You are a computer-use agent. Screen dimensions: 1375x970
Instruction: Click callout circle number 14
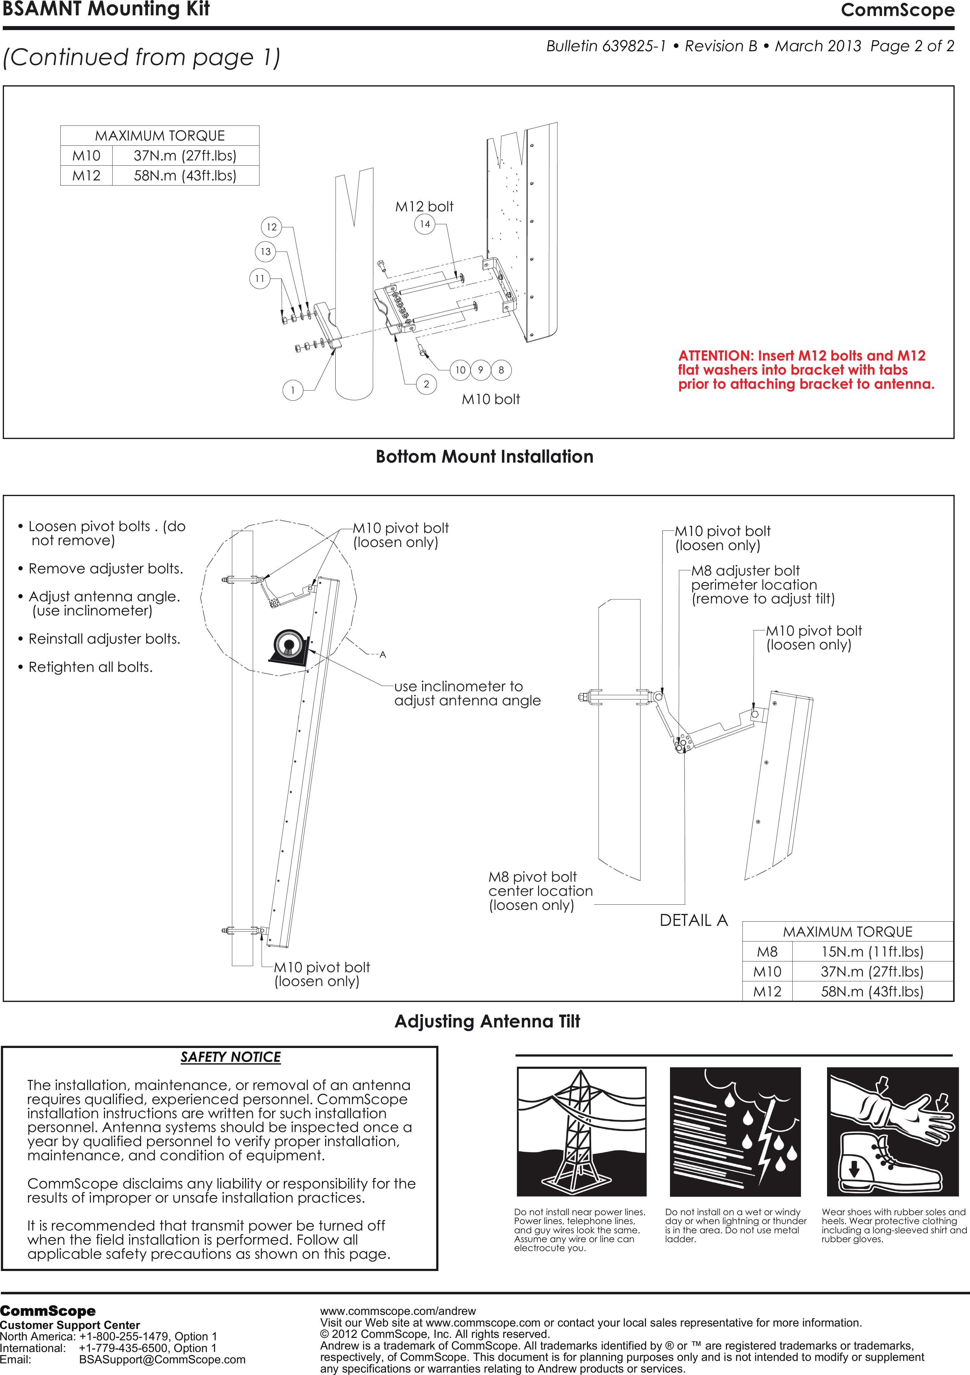(425, 224)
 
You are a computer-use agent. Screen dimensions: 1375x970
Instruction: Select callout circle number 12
(271, 227)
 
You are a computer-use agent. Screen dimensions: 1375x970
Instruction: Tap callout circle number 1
(292, 391)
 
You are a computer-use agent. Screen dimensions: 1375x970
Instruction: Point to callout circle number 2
(426, 384)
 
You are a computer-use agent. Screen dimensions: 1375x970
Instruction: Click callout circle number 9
(480, 370)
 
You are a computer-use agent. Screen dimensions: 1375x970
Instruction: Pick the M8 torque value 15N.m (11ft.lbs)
(872, 952)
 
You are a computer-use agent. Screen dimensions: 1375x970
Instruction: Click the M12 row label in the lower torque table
(767, 992)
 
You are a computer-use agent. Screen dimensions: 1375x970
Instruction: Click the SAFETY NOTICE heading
(230, 1057)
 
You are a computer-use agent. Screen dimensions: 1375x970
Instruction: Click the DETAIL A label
(693, 920)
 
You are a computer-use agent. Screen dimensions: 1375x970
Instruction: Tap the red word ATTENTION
(715, 356)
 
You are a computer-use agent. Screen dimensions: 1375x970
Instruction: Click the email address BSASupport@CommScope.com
(162, 1359)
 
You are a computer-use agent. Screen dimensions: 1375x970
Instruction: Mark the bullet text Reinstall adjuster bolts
(104, 639)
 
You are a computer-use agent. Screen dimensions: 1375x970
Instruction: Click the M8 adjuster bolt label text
(745, 571)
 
